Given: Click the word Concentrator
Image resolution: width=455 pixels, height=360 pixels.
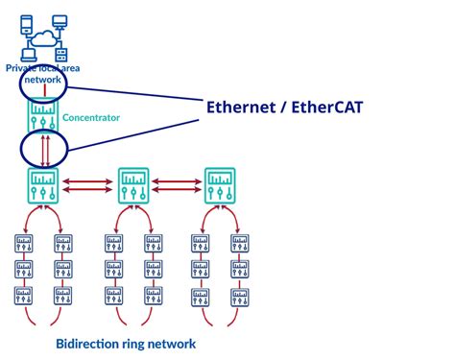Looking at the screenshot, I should (92, 117).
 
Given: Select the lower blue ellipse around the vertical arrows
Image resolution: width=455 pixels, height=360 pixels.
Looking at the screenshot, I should (44, 150).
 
